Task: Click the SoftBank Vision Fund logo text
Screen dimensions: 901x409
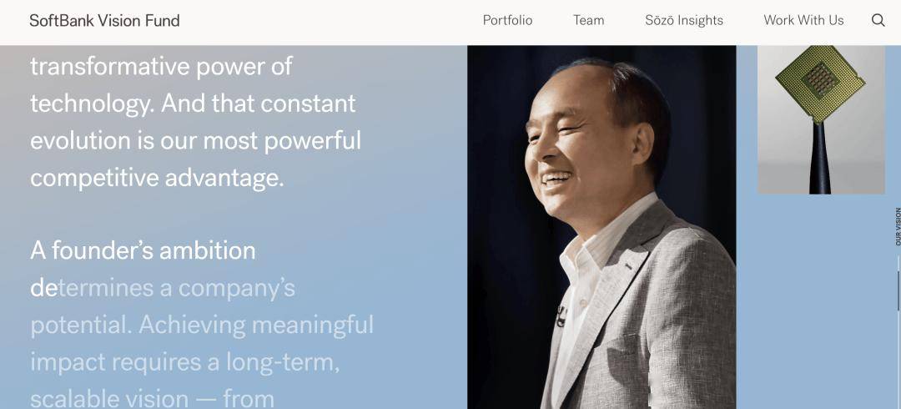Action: coord(104,21)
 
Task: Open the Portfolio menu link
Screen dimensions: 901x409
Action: coord(507,20)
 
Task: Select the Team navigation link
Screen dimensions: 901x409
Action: coord(588,20)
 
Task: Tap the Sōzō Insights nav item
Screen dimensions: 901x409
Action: coord(684,20)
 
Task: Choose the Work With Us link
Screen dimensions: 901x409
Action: coord(803,20)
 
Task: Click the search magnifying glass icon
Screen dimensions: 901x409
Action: coord(878,20)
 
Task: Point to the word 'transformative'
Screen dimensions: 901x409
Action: coord(110,67)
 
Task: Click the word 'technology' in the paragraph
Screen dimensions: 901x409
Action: coord(91,104)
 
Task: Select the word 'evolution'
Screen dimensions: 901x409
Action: coord(80,141)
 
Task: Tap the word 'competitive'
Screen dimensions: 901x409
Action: coord(94,179)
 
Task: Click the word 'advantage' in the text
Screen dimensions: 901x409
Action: coord(224,179)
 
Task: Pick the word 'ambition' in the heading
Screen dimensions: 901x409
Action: coord(208,250)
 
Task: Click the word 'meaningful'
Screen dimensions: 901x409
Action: coord(313,325)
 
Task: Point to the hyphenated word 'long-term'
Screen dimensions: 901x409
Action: coord(283,362)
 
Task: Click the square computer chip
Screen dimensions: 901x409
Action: coord(820,83)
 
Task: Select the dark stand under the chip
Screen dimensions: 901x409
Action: coord(819,158)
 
